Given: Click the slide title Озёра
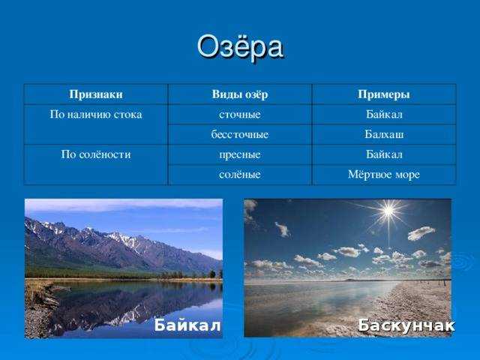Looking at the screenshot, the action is click(x=240, y=46).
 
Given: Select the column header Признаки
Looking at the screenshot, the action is click(x=96, y=94).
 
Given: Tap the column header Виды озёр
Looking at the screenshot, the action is click(x=240, y=94).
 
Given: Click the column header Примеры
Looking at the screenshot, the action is click(x=384, y=94).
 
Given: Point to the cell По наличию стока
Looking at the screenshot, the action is click(x=96, y=115).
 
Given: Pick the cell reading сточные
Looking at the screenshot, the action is click(x=240, y=115).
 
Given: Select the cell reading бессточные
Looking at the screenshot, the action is click(x=240, y=134).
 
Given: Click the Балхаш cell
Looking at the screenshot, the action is click(x=384, y=134).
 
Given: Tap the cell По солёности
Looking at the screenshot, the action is click(x=96, y=154).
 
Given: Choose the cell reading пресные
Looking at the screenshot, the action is click(x=240, y=154).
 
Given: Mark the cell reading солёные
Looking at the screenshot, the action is click(x=240, y=175).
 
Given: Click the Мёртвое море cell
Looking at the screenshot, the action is click(x=384, y=175).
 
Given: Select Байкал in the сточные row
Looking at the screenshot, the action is click(x=384, y=114).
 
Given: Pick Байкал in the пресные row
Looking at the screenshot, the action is click(x=384, y=154).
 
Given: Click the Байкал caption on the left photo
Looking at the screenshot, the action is click(x=187, y=325).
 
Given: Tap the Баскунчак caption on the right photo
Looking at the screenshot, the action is click(x=406, y=325).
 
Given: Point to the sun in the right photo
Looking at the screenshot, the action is click(x=388, y=211).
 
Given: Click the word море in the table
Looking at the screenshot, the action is click(x=406, y=175).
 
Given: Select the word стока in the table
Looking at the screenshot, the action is click(x=128, y=115).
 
